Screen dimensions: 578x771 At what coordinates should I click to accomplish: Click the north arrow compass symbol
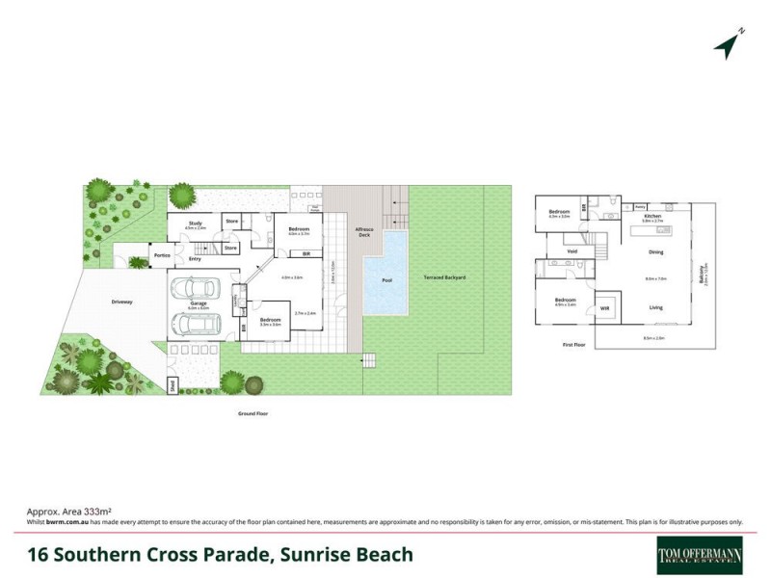(x=730, y=42)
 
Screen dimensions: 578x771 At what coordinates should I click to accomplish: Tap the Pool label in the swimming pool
(x=386, y=280)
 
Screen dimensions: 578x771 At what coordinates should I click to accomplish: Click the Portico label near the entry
(x=160, y=256)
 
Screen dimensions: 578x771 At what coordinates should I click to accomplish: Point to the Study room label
(x=195, y=224)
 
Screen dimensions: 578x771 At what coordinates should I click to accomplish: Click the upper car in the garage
(x=198, y=290)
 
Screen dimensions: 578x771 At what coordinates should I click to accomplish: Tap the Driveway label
(x=121, y=302)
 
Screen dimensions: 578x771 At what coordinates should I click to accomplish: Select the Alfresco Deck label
(x=364, y=232)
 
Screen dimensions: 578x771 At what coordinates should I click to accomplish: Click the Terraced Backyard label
(x=444, y=277)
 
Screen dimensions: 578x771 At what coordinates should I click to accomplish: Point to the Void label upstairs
(x=572, y=252)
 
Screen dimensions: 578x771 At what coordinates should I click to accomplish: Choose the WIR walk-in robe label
(x=605, y=308)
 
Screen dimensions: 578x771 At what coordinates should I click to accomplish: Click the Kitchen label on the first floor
(x=653, y=217)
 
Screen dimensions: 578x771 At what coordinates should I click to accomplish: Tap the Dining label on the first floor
(x=655, y=252)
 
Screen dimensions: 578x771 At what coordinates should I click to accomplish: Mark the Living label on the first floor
(x=655, y=308)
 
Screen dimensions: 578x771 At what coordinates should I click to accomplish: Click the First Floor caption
(x=574, y=343)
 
